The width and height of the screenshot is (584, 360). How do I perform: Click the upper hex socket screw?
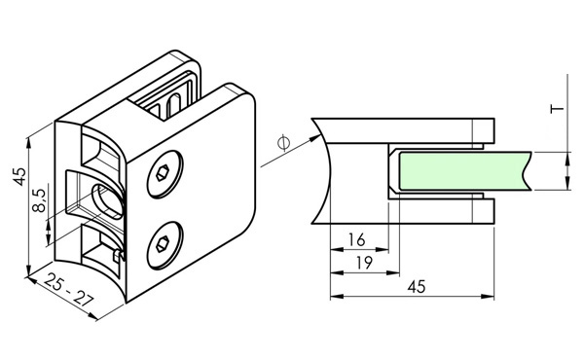click(x=165, y=174)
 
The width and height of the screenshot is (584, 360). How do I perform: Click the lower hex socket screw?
click(x=165, y=246)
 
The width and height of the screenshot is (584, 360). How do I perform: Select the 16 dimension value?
click(x=357, y=240)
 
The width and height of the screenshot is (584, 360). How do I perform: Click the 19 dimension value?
click(x=364, y=264)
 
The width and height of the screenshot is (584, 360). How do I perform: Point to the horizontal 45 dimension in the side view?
click(x=416, y=287)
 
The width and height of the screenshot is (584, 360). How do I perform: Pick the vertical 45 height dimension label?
click(x=19, y=176)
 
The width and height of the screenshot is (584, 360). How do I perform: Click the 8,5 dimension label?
click(x=40, y=200)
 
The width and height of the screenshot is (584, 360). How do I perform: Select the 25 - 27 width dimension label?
click(x=68, y=290)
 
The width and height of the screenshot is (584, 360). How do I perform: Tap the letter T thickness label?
click(x=558, y=109)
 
